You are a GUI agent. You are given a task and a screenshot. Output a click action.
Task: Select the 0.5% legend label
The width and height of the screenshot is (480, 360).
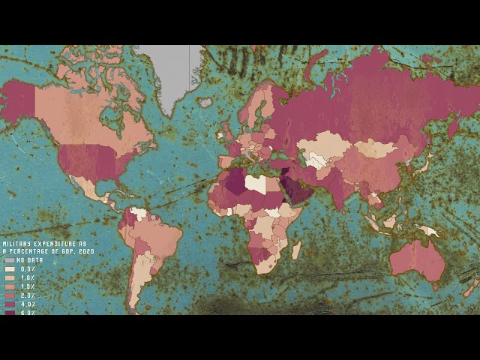tap(27, 268)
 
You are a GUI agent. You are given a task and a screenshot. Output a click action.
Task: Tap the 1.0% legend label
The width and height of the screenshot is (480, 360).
tap(27, 277)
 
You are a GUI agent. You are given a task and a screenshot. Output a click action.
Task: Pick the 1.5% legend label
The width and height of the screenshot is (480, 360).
tap(27, 286)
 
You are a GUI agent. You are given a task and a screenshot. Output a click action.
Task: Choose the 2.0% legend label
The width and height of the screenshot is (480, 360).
tap(27, 295)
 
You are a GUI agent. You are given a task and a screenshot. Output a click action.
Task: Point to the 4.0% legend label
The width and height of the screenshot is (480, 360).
tap(27, 304)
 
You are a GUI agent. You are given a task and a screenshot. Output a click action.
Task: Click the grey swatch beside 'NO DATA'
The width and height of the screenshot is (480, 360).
tap(9, 260)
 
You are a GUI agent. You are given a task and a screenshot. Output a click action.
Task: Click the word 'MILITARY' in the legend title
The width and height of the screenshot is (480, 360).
tap(16, 244)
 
